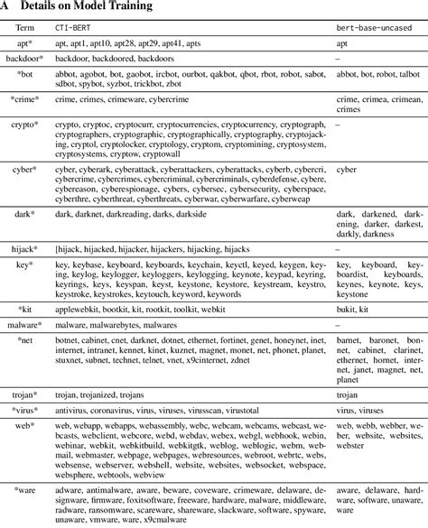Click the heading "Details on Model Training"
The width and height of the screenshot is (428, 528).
point(87,7)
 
